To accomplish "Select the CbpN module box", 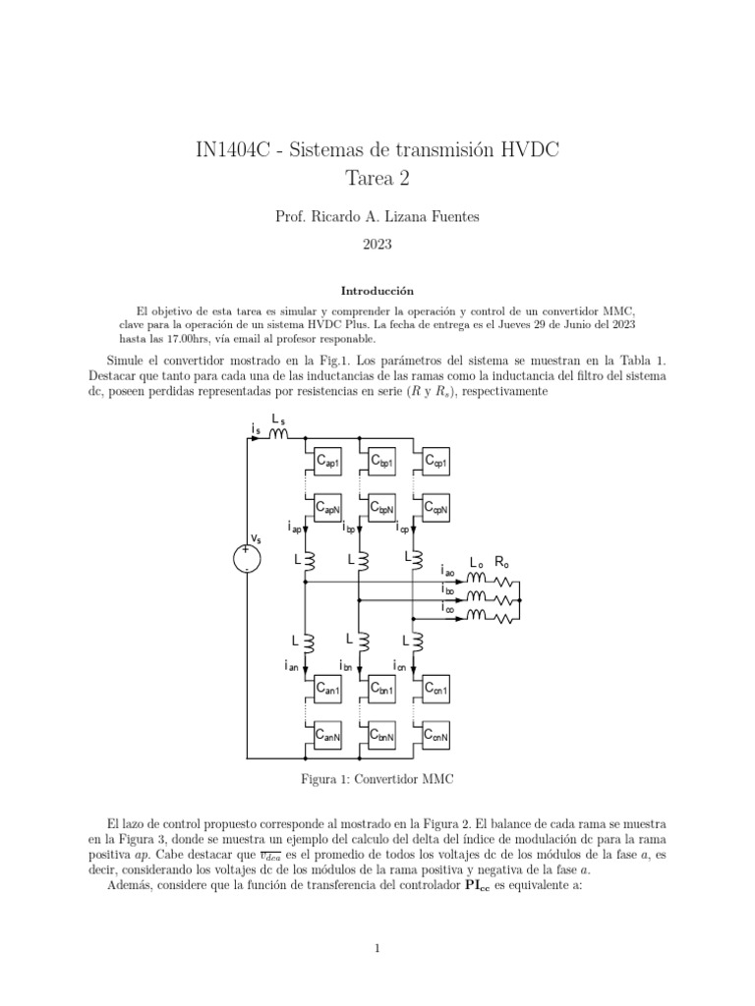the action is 383,509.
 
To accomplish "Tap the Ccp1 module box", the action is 436,461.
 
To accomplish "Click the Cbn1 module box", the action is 383,689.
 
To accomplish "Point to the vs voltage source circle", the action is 247,559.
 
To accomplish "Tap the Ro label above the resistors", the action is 501,564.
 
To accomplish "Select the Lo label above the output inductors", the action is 476,564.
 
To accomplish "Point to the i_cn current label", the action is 401,666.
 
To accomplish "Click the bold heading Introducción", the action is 377,291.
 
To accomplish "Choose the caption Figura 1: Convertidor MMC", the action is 377,778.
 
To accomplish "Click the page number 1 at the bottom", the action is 377,948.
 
